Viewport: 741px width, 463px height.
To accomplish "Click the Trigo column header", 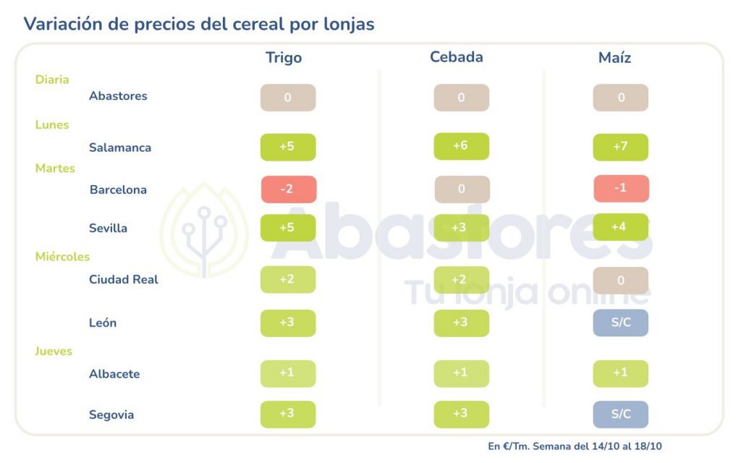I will (x=284, y=58).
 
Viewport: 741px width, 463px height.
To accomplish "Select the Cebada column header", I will (x=456, y=57).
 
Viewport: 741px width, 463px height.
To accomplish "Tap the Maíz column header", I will (x=614, y=58).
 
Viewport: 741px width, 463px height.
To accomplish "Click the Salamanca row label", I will (x=120, y=148).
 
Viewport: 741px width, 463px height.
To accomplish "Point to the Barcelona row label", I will (x=118, y=190).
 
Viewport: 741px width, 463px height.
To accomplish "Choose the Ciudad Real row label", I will (x=123, y=279).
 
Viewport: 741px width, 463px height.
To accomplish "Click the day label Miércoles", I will (x=62, y=257).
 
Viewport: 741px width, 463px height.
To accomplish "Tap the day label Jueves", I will (x=54, y=352).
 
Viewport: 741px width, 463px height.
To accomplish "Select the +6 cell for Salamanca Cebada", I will (x=461, y=146).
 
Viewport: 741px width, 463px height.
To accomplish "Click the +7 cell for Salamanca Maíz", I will (x=620, y=148).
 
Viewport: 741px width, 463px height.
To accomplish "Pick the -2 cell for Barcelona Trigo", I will (x=288, y=190).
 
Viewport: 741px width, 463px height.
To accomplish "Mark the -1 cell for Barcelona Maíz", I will (x=620, y=189).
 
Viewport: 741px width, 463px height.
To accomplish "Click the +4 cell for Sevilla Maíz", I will (x=620, y=227).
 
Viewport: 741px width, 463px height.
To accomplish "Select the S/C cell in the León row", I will (x=620, y=323).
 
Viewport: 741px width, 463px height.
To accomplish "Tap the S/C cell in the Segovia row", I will (x=620, y=415).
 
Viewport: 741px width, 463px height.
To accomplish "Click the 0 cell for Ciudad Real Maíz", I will (x=620, y=280).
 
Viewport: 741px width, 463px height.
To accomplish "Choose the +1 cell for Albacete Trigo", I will (x=288, y=374).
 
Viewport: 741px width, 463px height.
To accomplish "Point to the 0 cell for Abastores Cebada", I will (x=461, y=98).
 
